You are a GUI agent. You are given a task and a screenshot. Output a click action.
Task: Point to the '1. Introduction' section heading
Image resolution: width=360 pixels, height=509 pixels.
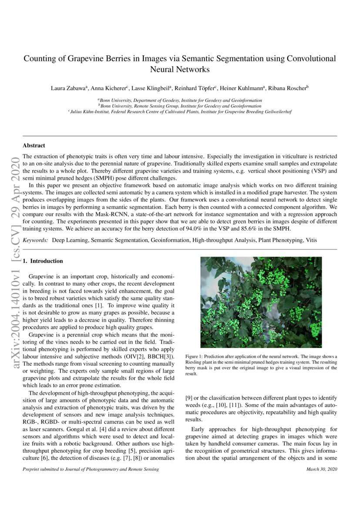click(x=43, y=261)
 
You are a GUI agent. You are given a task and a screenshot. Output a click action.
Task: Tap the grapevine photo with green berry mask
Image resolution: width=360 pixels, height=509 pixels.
click(x=261, y=302)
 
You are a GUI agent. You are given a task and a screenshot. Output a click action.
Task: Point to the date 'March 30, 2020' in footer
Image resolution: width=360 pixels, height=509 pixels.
click(x=321, y=469)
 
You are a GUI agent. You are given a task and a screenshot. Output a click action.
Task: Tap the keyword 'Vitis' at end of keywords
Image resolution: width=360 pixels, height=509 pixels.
click(x=311, y=240)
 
